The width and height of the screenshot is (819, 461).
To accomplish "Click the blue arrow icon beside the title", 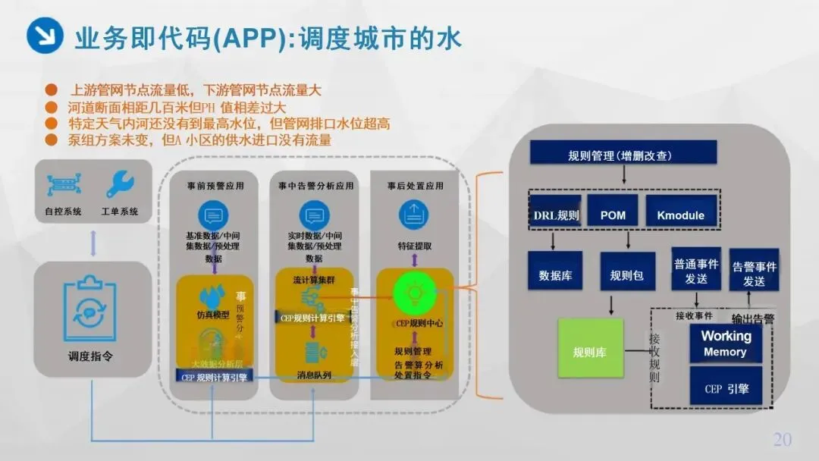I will click(45, 35).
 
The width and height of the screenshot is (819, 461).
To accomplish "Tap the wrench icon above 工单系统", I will click(120, 184).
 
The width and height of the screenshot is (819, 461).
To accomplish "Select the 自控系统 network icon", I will click(62, 184).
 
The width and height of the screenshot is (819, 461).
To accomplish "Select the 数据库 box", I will click(555, 274).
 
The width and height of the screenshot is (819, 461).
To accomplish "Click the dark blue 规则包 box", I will click(627, 274).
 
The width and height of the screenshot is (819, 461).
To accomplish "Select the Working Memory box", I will click(725, 343).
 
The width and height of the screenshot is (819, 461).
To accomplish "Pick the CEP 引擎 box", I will click(725, 387).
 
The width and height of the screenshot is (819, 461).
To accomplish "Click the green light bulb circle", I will click(415, 290).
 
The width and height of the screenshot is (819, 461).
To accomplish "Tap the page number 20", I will click(782, 439).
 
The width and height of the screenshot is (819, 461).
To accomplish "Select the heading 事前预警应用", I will click(215, 186).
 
